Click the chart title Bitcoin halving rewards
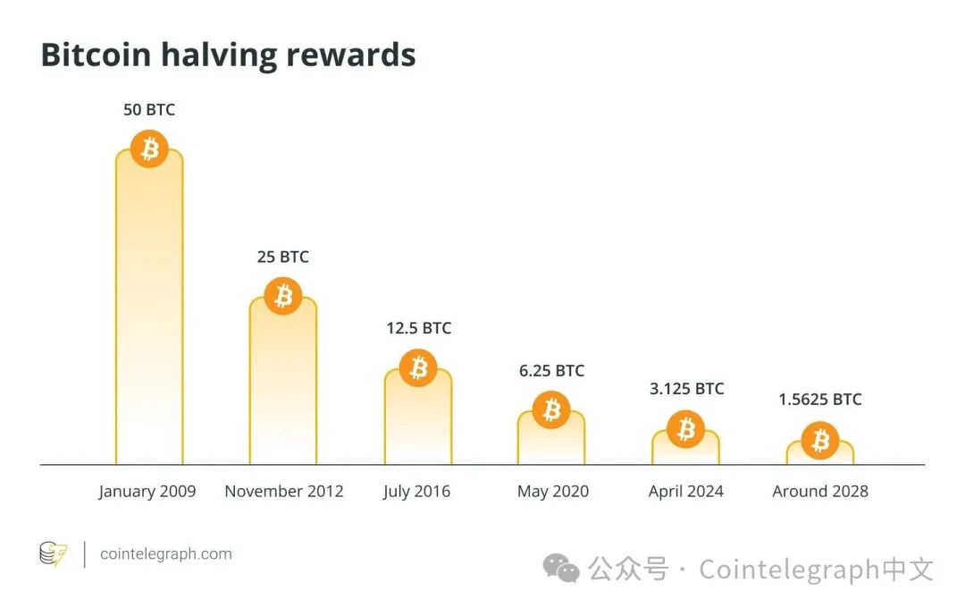228,55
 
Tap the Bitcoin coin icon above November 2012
283,295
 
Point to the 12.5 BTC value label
418,328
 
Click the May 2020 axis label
552,491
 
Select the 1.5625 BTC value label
819,400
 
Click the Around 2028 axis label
819,491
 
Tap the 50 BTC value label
149,110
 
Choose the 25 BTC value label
283,257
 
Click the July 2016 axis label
416,491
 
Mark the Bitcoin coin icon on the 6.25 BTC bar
552,410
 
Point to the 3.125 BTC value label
686,389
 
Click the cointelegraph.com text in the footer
166,554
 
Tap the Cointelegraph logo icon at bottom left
54,554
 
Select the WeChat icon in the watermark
563,570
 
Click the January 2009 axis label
147,491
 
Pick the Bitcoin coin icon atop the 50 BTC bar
149,149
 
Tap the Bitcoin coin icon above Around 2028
819,441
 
